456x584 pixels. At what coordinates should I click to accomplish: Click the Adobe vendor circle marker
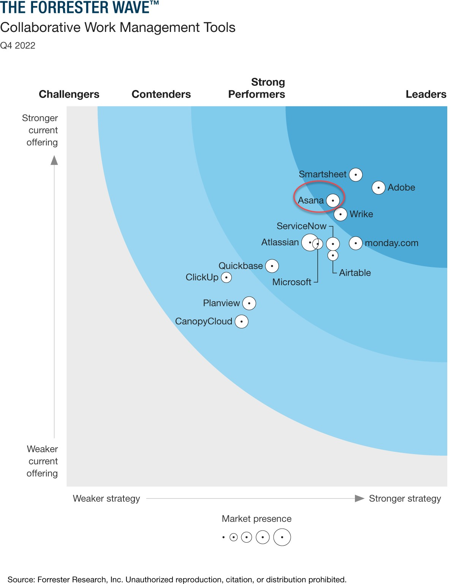[378, 188]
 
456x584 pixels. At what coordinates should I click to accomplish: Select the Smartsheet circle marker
[356, 175]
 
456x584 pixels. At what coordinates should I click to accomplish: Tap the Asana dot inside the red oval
[333, 200]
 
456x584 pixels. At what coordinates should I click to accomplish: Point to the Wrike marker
[340, 214]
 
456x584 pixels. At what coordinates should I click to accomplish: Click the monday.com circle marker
[356, 243]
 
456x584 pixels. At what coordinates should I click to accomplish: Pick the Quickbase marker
[272, 266]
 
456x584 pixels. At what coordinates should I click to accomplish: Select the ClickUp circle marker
[226, 278]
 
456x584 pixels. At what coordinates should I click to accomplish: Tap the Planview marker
[249, 303]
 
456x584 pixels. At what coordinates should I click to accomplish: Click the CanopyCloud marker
[242, 322]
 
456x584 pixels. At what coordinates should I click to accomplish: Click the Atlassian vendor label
[280, 242]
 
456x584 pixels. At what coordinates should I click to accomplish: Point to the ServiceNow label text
[301, 226]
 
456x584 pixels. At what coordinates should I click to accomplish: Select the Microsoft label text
[291, 282]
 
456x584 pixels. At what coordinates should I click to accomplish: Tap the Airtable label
[355, 273]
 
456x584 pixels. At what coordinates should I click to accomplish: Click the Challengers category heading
[69, 94]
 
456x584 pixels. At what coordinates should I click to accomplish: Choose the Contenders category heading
[161, 94]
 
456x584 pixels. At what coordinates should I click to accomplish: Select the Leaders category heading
[426, 94]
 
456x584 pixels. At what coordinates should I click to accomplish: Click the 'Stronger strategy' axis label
[405, 499]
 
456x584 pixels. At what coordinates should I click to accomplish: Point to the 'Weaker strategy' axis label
[106, 499]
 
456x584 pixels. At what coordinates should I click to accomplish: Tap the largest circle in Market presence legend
[282, 537]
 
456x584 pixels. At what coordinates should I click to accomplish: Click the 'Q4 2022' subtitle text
[18, 46]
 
